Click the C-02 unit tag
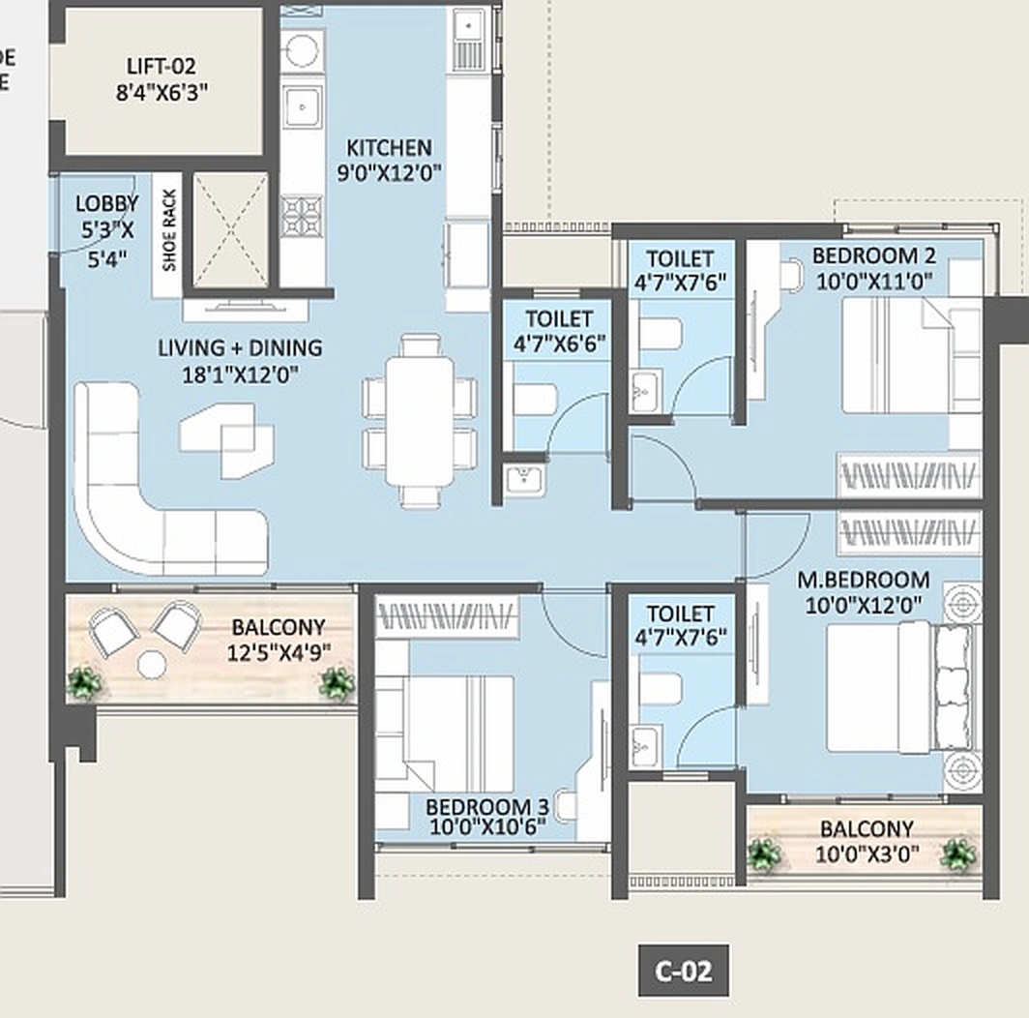pos(683,971)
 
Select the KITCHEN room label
pos(389,148)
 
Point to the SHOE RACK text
pos(168,235)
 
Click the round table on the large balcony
pos(151,664)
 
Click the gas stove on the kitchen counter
pos(301,215)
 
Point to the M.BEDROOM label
pos(863,581)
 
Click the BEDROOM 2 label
pos(873,256)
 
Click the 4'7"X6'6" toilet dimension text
pos(558,343)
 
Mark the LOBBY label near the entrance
pos(106,204)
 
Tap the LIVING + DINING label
pos(240,347)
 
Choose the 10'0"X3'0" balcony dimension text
pos(866,853)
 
